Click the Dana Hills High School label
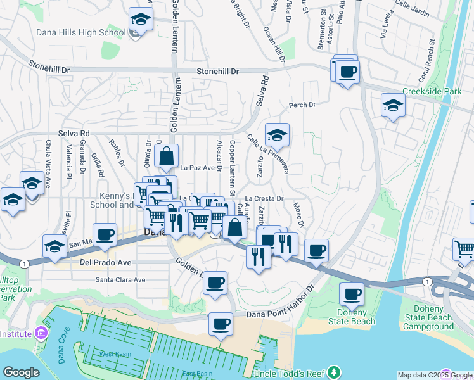pos(90,33)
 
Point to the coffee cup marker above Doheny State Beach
pos(352,294)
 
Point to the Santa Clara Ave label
pos(120,279)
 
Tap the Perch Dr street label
pos(302,105)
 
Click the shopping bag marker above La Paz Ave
pos(166,155)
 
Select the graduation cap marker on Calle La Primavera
pos(277,134)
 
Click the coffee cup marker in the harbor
pos(221,324)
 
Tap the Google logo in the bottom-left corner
pos(21,372)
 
